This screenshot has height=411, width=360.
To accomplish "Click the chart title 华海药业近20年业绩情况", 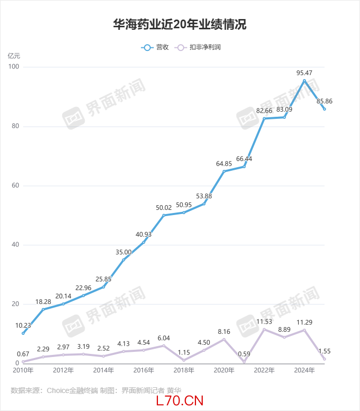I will point(180,24).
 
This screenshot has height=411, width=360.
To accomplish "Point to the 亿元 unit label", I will point(14,56).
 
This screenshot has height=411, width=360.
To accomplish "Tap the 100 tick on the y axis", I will point(13,67).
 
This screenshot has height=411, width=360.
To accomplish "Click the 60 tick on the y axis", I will point(15,186).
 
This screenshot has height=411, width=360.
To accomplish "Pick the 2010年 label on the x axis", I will point(23,370).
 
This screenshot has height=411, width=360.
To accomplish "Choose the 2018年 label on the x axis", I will point(184,370).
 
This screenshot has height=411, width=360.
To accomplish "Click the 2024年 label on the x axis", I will point(304,370).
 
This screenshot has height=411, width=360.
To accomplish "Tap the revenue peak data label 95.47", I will point(304,73).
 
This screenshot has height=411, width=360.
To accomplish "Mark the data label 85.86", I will point(325,101).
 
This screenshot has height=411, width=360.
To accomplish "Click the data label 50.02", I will point(164,208).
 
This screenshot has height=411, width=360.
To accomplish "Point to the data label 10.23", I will point(23,325).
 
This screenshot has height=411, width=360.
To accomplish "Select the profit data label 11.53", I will point(264,322).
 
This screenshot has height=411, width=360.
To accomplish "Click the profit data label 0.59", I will point(244,354).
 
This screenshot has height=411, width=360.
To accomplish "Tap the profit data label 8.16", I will point(224,332).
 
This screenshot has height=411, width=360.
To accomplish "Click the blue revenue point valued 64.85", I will point(224,171).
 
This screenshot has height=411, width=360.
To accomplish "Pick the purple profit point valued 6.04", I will point(164,346).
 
